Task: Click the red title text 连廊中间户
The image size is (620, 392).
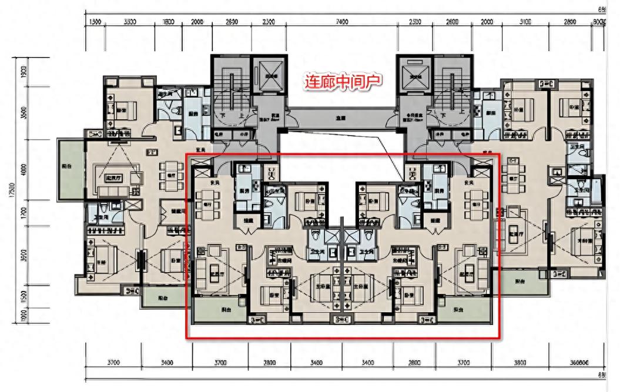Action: (x=343, y=81)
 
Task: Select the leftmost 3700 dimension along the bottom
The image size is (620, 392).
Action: (x=113, y=363)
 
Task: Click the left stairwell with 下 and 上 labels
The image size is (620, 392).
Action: (x=230, y=94)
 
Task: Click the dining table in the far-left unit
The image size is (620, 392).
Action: (x=171, y=176)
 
